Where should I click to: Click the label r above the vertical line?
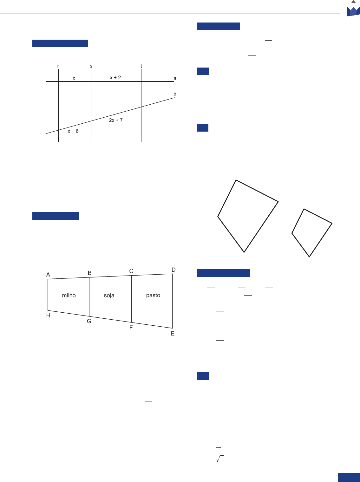[x=58, y=66]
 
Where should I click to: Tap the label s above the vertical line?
[x=91, y=66]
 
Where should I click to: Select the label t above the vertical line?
[x=141, y=66]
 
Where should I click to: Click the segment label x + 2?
[x=115, y=77]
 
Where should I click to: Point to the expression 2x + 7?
[x=116, y=120]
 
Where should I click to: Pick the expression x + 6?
[x=73, y=131]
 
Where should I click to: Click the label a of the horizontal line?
[x=175, y=78]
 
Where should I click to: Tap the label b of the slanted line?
[x=175, y=94]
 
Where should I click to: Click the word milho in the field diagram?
[x=69, y=295]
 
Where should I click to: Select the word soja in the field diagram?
[x=109, y=295]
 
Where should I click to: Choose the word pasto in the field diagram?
[x=153, y=295]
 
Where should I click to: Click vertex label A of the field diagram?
[x=48, y=275]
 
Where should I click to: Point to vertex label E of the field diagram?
[x=173, y=334]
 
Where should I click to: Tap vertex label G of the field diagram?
[x=89, y=321]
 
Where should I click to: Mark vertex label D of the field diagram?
[x=173, y=270]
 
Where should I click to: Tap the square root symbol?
[x=220, y=459]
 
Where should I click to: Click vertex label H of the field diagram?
[x=48, y=315]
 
